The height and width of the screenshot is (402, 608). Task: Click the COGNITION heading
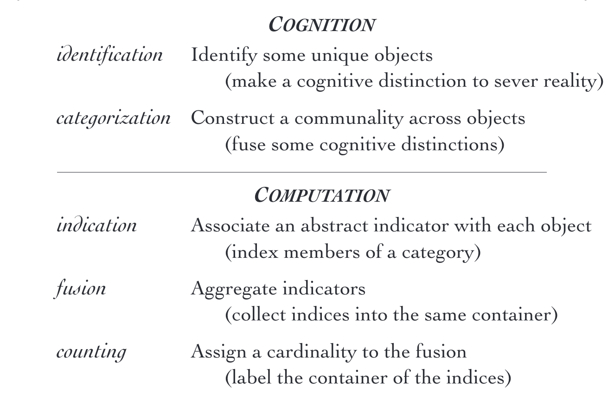click(x=322, y=25)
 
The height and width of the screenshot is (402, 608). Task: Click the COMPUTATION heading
click(x=322, y=195)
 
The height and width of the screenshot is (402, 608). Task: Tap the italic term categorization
click(x=114, y=118)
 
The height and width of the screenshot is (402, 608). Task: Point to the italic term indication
click(x=96, y=225)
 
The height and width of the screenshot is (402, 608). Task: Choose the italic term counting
click(x=91, y=352)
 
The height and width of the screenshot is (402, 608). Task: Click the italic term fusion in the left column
click(x=80, y=289)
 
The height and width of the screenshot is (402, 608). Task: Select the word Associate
click(x=230, y=225)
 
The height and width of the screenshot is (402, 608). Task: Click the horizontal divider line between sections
click(x=302, y=172)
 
